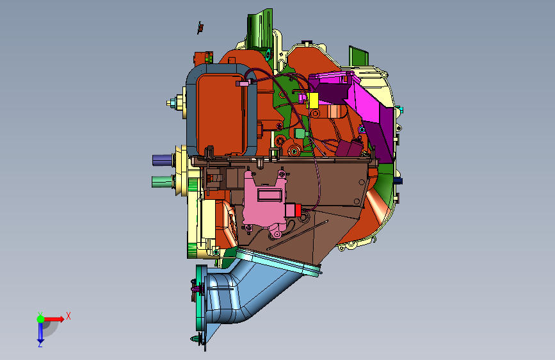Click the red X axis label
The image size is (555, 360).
(68, 316)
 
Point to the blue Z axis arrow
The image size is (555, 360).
(40, 332)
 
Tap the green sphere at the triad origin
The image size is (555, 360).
(41, 319)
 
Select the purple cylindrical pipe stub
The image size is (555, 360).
(163, 160)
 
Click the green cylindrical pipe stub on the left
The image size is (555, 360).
(163, 181)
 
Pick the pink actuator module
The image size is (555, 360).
(265, 202)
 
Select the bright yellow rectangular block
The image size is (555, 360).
(312, 101)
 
